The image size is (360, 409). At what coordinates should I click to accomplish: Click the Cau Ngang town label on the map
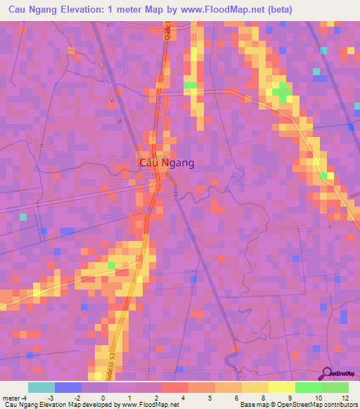pos(167,162)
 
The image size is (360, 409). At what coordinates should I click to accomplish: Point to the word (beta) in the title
pos(276,10)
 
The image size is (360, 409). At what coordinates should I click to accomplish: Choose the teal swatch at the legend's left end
pos(41,387)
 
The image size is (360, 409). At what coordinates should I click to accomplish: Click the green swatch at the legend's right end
pos(335,387)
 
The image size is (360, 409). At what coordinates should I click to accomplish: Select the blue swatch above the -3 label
pos(67,387)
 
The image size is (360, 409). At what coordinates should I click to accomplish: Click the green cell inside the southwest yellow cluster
pos(111,266)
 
